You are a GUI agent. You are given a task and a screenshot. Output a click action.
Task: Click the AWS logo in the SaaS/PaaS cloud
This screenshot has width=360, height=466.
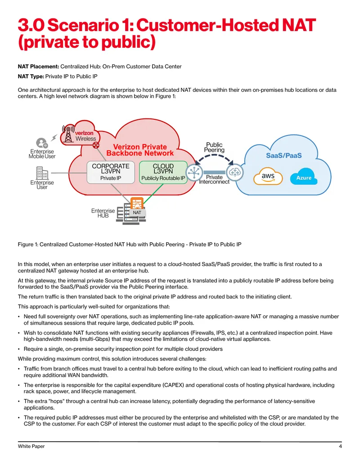[x=268, y=176]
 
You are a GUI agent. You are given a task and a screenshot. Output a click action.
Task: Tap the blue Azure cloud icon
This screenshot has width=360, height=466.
[x=304, y=177]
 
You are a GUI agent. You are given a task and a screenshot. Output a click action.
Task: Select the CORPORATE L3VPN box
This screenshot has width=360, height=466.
[x=111, y=172]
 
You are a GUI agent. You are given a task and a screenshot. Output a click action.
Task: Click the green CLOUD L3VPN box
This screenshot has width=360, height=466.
[x=163, y=172]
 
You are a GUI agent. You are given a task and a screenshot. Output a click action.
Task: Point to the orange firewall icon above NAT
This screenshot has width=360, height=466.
[x=137, y=203]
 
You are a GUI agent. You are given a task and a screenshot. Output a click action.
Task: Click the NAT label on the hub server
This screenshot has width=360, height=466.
[x=137, y=213]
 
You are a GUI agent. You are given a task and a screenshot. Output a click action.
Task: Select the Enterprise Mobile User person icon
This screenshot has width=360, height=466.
[x=42, y=143]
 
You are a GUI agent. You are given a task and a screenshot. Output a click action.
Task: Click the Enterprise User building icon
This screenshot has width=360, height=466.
[x=42, y=173]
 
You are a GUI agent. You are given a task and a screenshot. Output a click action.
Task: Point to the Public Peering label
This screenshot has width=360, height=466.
[x=214, y=147]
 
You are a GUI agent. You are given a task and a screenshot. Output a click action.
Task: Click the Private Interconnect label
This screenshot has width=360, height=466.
[x=214, y=179]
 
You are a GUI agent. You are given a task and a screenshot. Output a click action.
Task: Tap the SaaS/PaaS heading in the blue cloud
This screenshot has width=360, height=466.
[x=283, y=155]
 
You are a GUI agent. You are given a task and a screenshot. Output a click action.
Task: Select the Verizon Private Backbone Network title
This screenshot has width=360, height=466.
[x=140, y=150]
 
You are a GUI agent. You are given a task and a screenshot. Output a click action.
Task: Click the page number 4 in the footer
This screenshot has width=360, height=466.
[x=340, y=446]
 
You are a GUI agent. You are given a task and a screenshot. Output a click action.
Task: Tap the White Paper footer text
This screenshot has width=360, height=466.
[x=31, y=446]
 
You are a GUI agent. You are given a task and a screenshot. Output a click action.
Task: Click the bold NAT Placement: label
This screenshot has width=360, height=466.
[x=38, y=67]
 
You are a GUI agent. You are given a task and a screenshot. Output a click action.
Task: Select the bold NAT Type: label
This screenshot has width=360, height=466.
[x=31, y=77]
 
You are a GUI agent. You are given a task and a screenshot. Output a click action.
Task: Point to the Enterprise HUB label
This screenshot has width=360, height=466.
[x=103, y=213]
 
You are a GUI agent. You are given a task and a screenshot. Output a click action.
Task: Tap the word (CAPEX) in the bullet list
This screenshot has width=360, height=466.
[x=173, y=385]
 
